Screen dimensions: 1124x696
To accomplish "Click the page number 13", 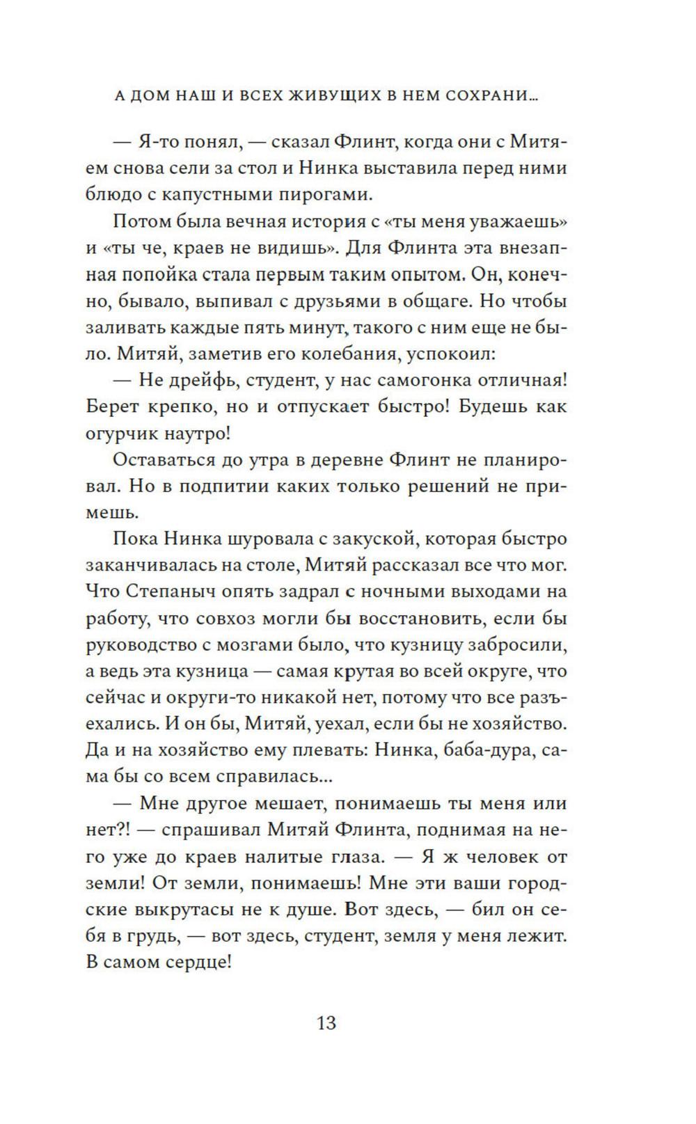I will pyautogui.click(x=326, y=1024).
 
